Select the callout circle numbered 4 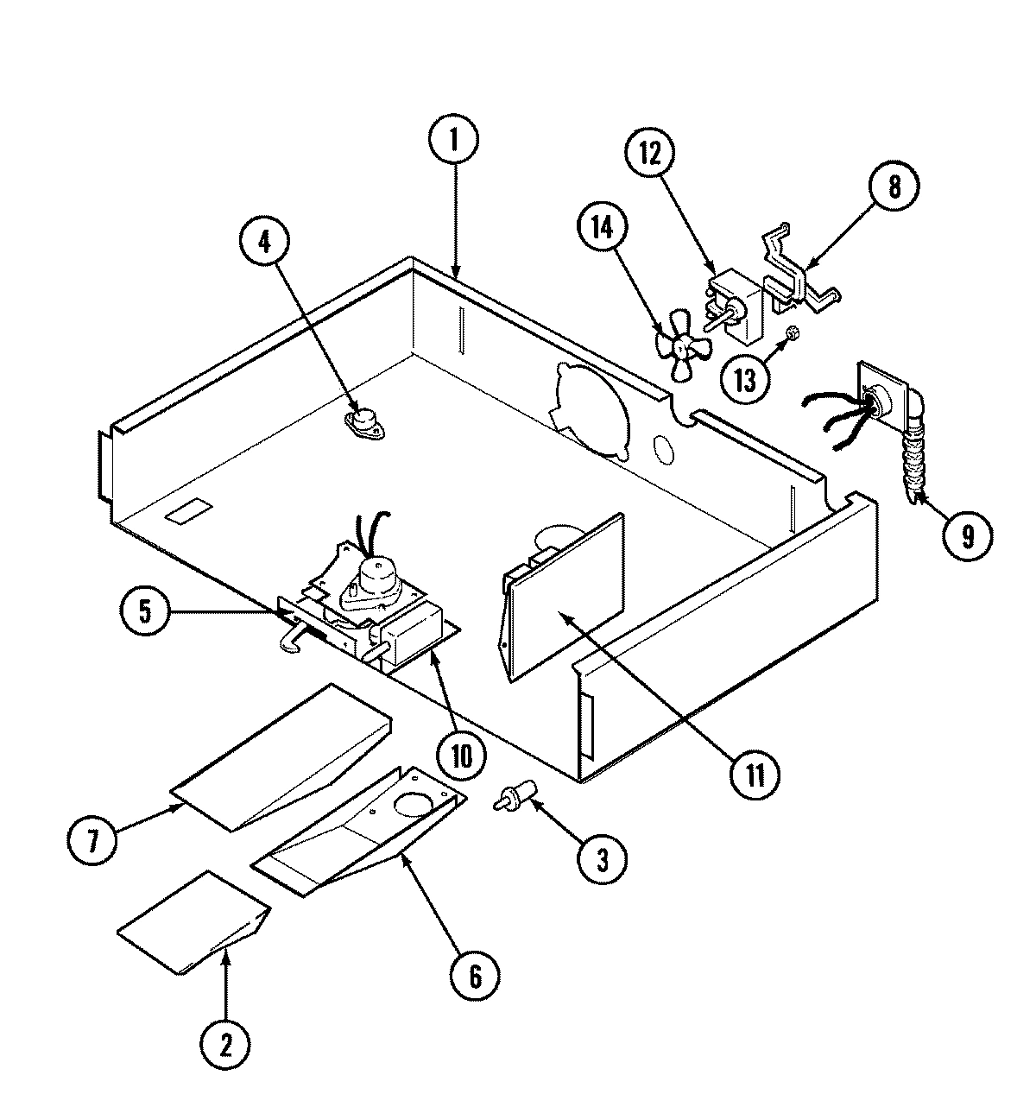click(264, 242)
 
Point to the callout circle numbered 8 click(894, 187)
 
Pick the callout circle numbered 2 click(226, 1044)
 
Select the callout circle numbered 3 click(601, 859)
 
